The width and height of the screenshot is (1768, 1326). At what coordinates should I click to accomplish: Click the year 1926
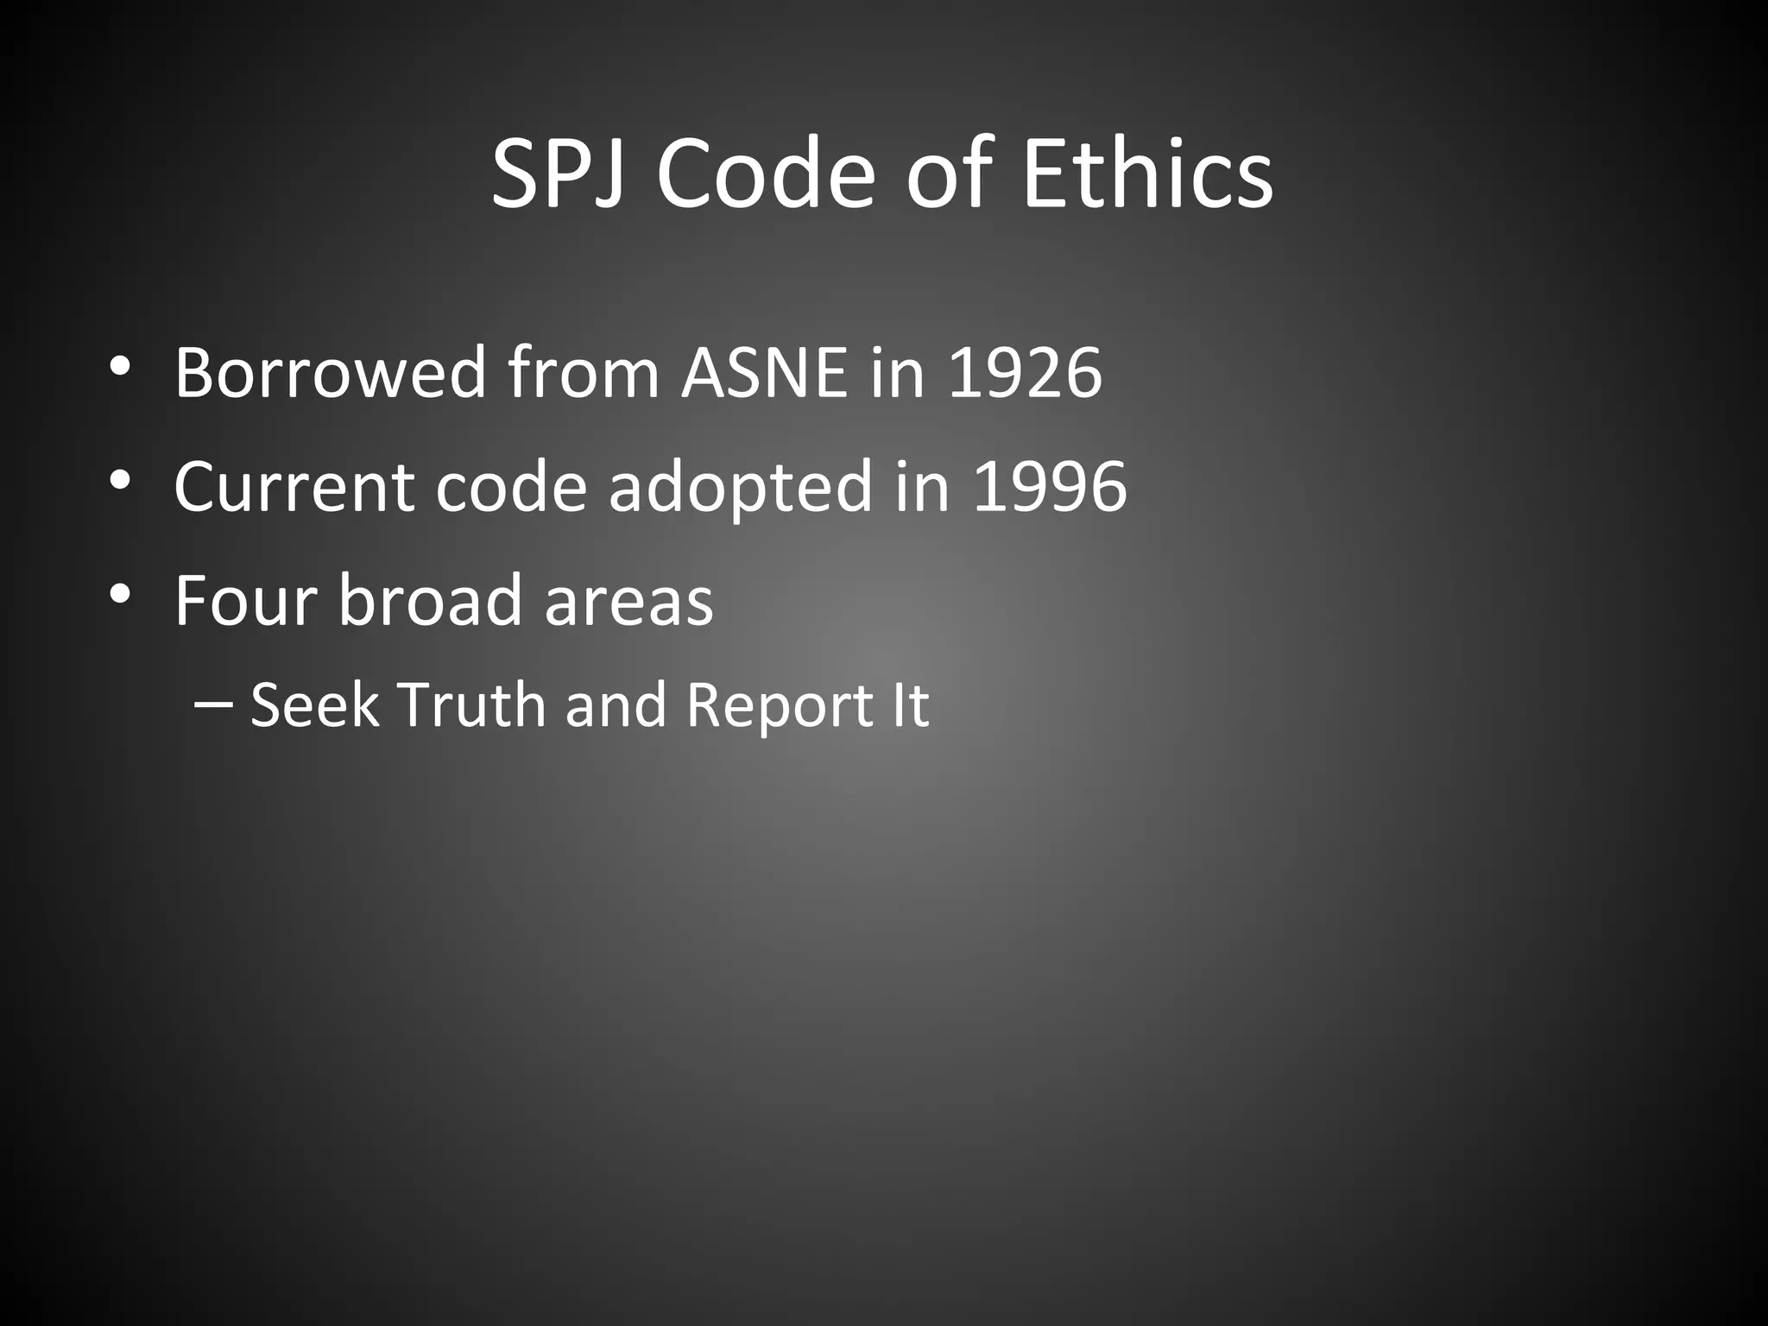(1025, 373)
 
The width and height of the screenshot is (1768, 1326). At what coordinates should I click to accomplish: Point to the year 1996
(1050, 487)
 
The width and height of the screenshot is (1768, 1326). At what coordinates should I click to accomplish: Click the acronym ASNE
(764, 373)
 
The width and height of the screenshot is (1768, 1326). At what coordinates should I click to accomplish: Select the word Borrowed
(331, 373)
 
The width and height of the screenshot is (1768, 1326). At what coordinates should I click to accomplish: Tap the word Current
(294, 487)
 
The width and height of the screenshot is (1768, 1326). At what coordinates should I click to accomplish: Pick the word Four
(245, 600)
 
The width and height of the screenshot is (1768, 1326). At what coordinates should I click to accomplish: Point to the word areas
(628, 602)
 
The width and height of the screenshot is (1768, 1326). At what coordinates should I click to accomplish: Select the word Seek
(314, 705)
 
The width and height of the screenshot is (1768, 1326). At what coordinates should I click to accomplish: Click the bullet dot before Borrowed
(120, 366)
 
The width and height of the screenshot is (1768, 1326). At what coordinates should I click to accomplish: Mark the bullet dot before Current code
(120, 480)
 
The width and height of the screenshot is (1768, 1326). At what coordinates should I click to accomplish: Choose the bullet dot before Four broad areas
(120, 593)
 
